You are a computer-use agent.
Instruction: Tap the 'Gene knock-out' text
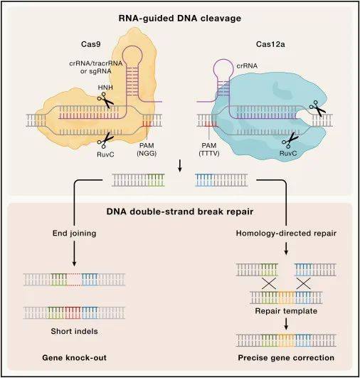point(73,356)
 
